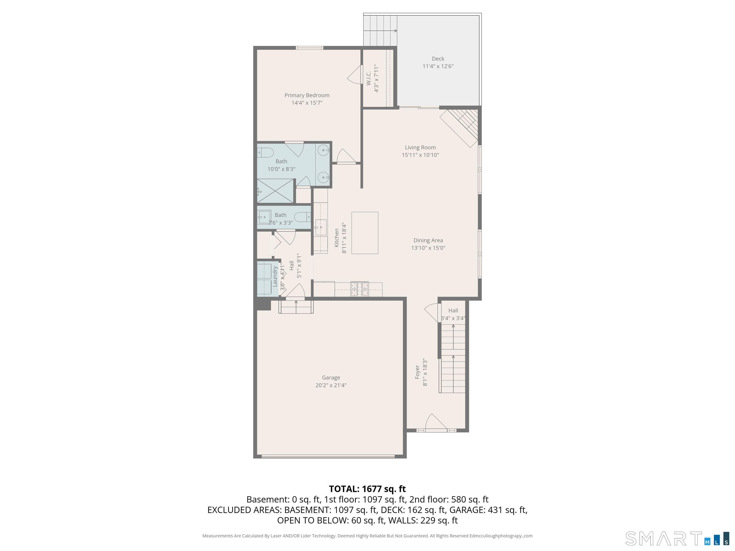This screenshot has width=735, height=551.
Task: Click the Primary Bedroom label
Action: [x=307, y=95]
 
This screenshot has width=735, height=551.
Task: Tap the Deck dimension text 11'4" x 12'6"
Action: [x=438, y=66]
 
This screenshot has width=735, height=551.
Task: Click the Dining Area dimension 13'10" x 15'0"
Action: [x=428, y=248]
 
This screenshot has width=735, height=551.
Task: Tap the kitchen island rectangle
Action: [x=365, y=233]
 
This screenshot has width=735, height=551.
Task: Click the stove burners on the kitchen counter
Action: [x=360, y=289]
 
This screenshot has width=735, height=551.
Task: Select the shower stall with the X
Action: [x=275, y=191]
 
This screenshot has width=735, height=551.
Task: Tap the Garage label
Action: [x=331, y=378]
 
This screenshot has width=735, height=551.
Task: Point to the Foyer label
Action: [x=417, y=372]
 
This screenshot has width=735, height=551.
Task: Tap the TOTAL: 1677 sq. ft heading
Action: [x=367, y=489]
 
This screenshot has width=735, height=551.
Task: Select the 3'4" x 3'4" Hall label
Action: [x=453, y=314]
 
